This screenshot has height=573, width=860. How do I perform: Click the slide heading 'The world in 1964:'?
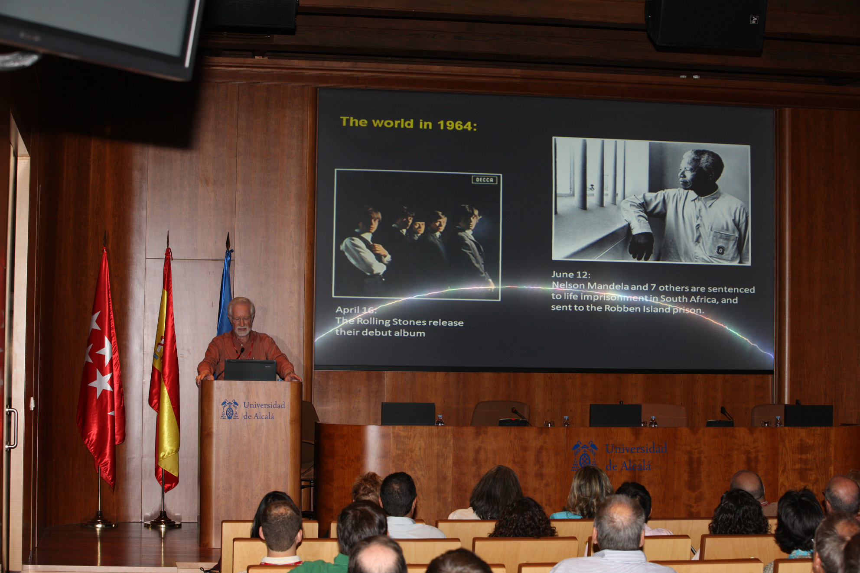pos(408,123)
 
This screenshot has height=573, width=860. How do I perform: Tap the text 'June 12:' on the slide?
pos(570,274)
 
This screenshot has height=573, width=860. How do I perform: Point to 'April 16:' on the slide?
pos(356,310)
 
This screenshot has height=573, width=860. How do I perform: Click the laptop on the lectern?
pos(250,370)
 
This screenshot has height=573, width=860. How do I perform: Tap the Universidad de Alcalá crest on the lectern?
pos(229,410)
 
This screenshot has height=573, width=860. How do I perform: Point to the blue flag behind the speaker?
pos(225,295)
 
